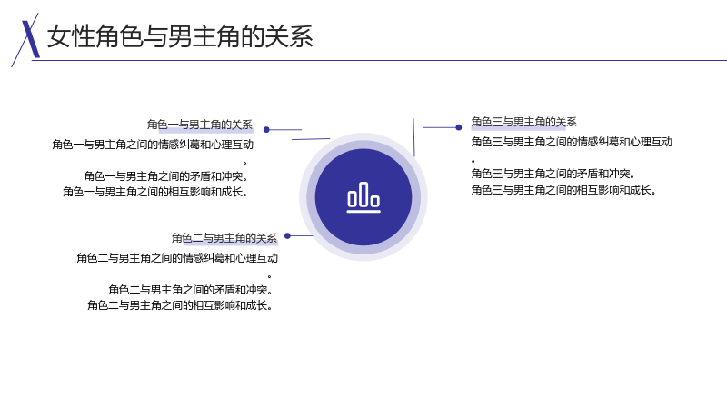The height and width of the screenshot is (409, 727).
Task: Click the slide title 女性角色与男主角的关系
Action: [180, 36]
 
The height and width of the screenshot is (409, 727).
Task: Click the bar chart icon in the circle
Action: [363, 197]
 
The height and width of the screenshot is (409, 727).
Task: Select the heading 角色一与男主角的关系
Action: [200, 125]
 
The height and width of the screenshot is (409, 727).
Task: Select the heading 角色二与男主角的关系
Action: [224, 238]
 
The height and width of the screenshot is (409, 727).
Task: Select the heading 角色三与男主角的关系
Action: [524, 122]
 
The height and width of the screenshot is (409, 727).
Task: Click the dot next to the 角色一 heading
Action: [266, 130]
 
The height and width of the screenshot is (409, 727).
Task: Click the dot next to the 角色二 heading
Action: [287, 236]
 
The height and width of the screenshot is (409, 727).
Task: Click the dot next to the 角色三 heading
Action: [459, 127]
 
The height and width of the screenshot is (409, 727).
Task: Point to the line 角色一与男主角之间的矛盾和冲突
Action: [166, 176]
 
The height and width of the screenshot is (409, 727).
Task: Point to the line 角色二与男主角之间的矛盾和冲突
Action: [191, 290]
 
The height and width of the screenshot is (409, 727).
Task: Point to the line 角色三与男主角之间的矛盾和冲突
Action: [553, 174]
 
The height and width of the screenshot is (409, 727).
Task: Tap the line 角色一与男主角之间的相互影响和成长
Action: [155, 192]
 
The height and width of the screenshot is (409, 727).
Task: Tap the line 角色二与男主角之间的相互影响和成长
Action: [180, 305]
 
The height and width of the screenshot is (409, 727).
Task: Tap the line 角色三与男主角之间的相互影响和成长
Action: [563, 190]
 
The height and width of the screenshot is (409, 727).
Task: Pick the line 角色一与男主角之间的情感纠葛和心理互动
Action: [153, 145]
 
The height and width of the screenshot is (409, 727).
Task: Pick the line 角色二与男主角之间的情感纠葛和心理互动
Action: [177, 258]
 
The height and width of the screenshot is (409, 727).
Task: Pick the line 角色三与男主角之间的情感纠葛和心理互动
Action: [572, 142]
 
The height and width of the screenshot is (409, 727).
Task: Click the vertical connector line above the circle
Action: [414, 137]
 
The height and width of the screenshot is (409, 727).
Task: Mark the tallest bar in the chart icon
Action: [363, 195]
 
